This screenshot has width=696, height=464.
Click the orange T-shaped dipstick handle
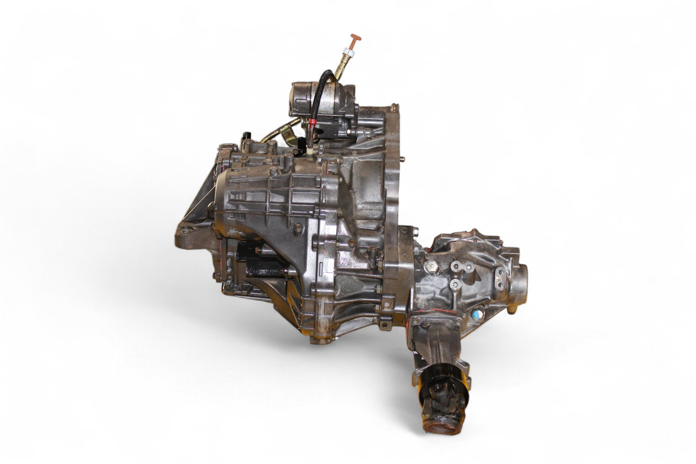click(356, 38)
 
